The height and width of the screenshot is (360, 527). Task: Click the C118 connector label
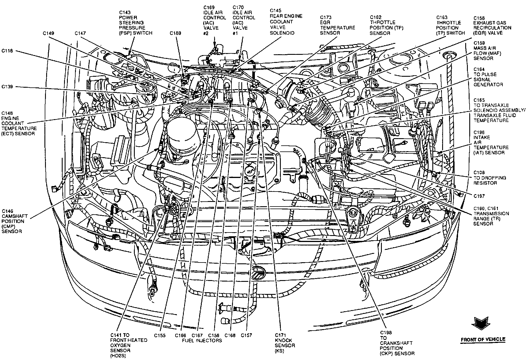(x=7, y=51)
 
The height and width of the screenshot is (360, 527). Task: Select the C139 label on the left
(x=7, y=87)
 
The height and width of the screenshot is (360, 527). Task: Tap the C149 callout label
(x=48, y=33)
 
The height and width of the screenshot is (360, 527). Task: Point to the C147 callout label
(x=80, y=33)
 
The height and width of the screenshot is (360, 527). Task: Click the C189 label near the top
(x=175, y=33)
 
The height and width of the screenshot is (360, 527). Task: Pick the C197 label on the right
(x=479, y=196)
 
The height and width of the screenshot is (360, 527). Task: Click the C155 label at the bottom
(x=160, y=335)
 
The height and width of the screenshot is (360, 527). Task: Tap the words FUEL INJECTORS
(x=202, y=340)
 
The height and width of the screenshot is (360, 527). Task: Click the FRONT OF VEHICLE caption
(x=483, y=339)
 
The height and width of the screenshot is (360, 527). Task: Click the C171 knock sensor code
(x=280, y=335)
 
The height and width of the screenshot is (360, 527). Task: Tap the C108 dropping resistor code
(x=479, y=172)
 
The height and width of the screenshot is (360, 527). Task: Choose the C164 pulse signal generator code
(x=479, y=69)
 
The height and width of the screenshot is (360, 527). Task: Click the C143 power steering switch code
(x=125, y=12)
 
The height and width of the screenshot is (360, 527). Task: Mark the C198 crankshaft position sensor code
(x=386, y=333)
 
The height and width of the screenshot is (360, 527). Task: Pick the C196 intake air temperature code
(x=479, y=132)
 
